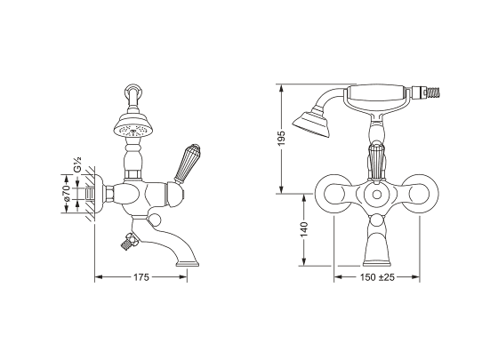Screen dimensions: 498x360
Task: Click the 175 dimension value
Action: [141, 277]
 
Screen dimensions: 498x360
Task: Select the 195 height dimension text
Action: [282, 138]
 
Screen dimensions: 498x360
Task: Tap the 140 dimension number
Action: [304, 229]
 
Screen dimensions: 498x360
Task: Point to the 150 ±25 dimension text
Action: [377, 277]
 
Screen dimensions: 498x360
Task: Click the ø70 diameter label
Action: [67, 193]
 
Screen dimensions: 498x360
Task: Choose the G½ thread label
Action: [77, 164]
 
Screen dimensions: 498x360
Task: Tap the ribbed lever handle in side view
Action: [187, 164]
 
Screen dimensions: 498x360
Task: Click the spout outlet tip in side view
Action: [188, 263]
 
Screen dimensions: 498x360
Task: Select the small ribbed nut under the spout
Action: [129, 243]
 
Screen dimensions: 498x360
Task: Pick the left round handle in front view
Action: [333, 194]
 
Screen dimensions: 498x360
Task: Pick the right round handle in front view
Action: [420, 194]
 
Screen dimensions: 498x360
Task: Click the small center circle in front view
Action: [377, 195]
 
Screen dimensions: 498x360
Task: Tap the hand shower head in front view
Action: [312, 124]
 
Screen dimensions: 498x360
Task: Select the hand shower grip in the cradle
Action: [376, 93]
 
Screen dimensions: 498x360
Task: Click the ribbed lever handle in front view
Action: [377, 163]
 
